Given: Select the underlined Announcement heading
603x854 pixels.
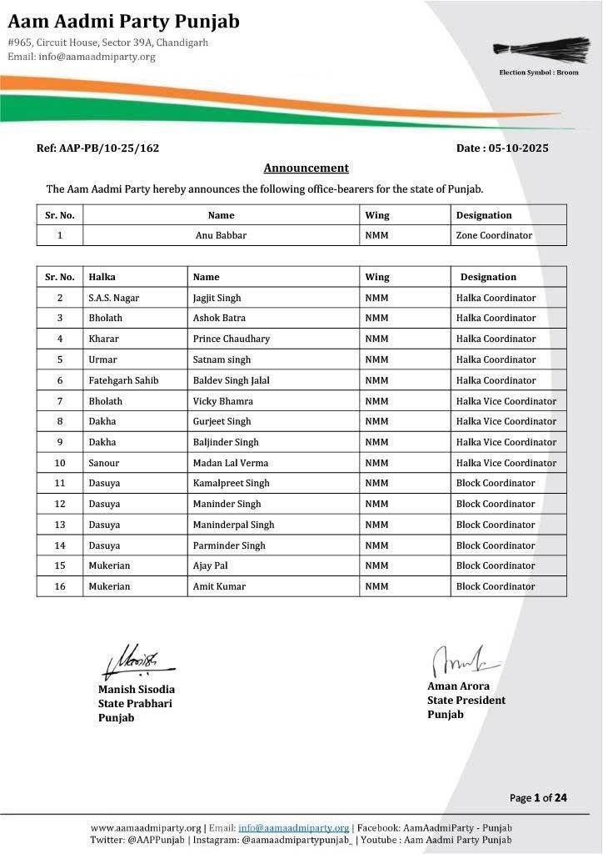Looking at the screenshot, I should [306, 168].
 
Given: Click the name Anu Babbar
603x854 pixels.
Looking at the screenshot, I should [221, 235].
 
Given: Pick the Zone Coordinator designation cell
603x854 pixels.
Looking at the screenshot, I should [494, 235].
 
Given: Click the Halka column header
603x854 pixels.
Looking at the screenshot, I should [102, 277].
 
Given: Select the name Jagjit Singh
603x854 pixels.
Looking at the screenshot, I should [217, 298].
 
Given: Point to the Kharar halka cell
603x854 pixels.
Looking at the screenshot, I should [103, 339].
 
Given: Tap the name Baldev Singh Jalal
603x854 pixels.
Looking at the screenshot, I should [231, 380].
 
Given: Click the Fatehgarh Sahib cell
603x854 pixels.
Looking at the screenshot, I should [123, 380].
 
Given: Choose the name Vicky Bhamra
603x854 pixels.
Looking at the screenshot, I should [222, 401].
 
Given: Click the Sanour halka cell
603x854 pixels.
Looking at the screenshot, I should [103, 463].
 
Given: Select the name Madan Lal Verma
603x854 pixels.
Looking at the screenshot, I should [230, 463].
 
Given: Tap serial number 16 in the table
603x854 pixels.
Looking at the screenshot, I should [60, 586].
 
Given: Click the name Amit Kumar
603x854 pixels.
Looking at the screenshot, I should [219, 586].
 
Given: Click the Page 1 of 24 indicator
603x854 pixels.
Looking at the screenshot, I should [538, 798].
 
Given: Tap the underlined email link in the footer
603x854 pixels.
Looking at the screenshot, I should [293, 827].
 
